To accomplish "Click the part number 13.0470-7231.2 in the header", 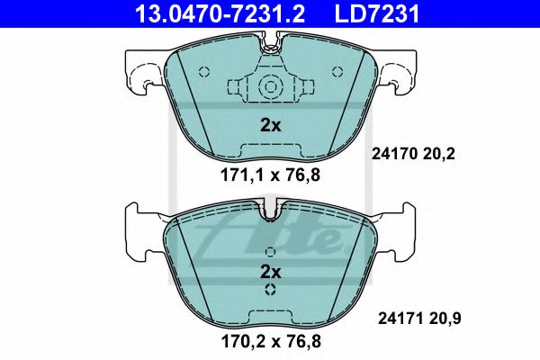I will point(208,13).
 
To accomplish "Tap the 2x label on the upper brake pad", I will point(271,125).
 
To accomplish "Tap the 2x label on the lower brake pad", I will point(271,271).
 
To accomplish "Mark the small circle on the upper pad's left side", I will point(204,72).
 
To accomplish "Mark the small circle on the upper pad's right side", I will point(337,72).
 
